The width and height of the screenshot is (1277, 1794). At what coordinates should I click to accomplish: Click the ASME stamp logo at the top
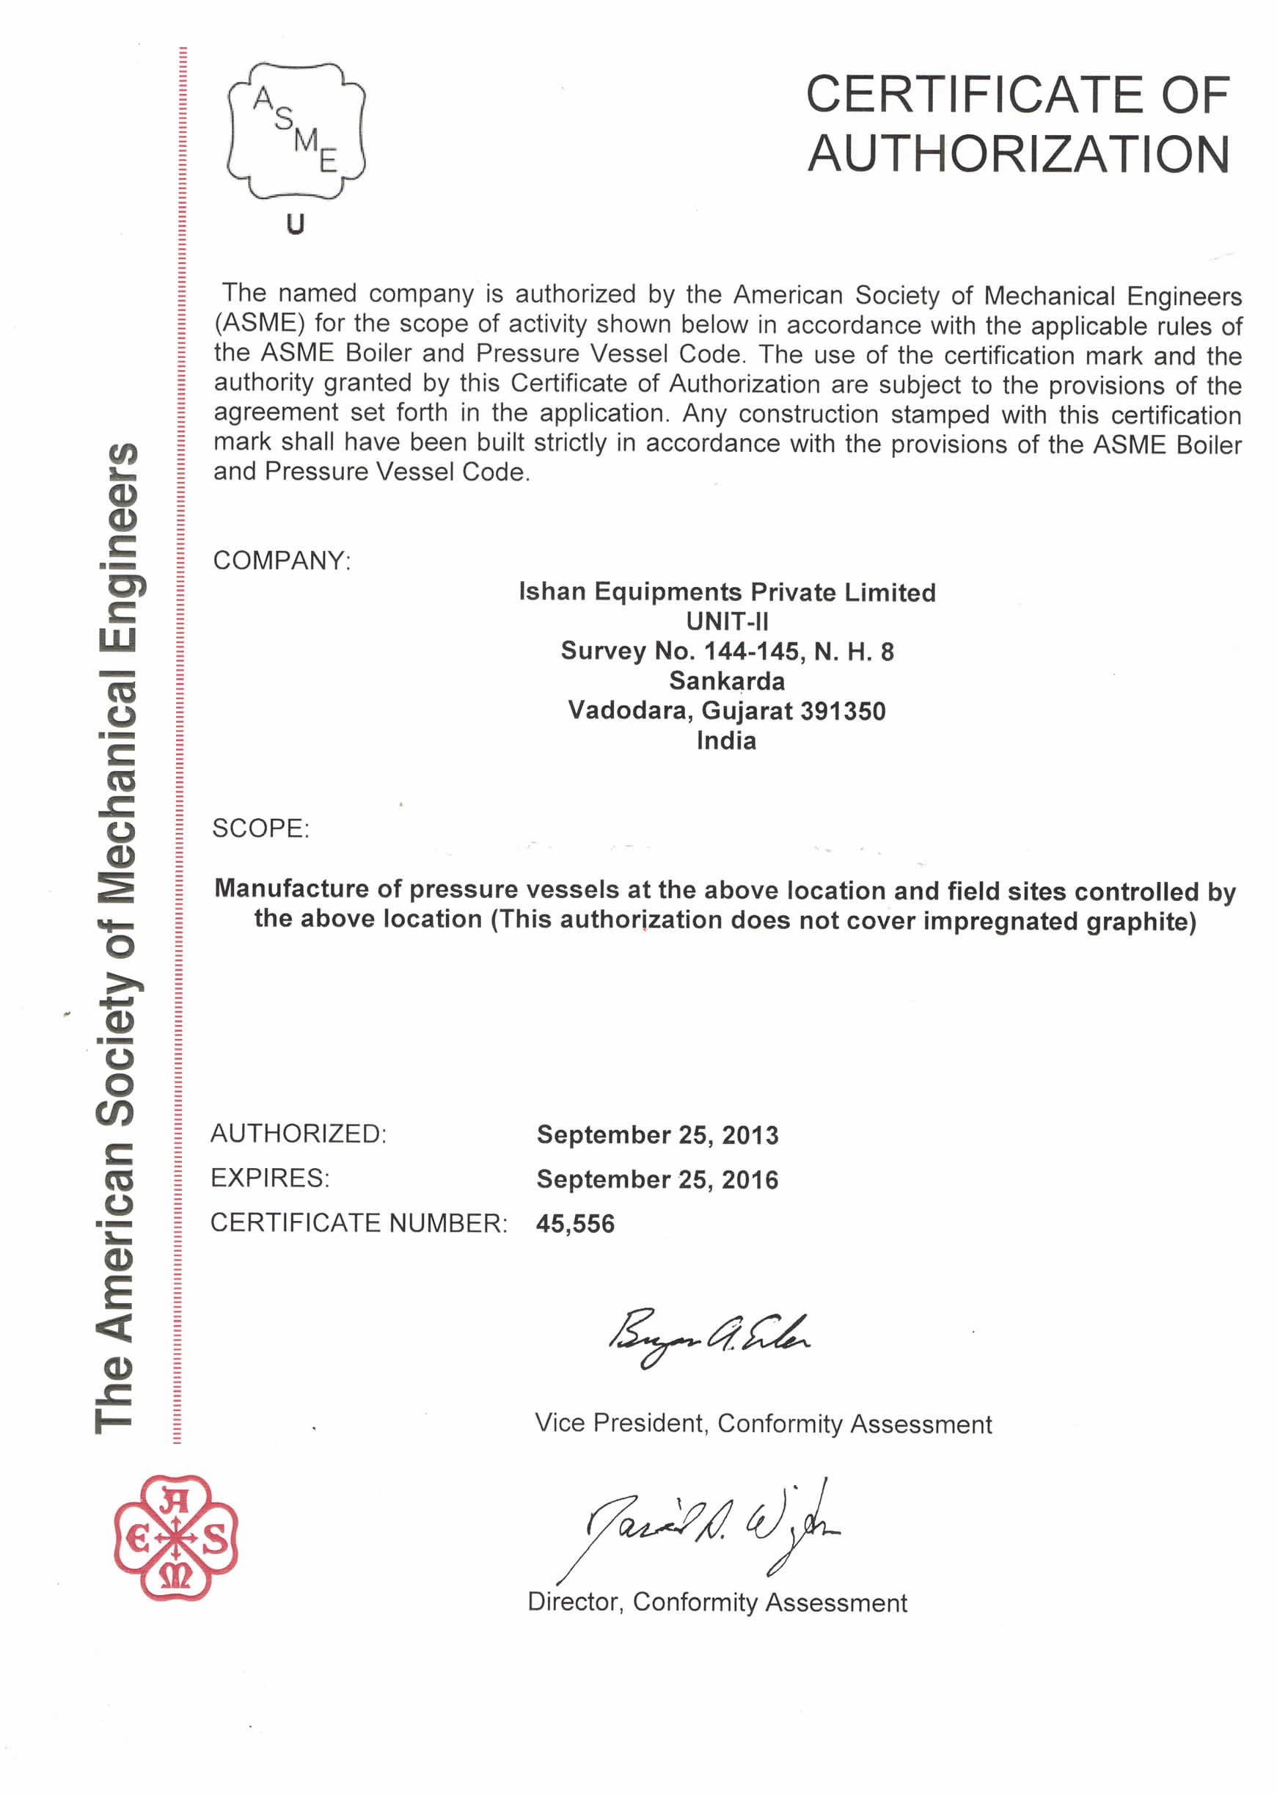click(296, 130)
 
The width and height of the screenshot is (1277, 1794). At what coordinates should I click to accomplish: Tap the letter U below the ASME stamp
click(295, 225)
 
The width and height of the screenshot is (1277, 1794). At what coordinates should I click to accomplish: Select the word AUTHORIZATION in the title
click(1018, 154)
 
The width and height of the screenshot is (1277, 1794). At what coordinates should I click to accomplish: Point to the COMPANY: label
click(282, 561)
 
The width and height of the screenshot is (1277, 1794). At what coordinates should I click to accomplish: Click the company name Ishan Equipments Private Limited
click(727, 592)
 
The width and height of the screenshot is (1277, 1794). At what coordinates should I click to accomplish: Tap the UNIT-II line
click(727, 622)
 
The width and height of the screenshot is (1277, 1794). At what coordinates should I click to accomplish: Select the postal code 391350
click(842, 711)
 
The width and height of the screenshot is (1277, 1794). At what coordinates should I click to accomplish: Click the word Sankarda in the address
click(727, 681)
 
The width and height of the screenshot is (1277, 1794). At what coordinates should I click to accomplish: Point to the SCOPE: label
click(260, 828)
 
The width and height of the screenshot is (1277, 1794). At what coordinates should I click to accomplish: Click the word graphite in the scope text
click(1141, 921)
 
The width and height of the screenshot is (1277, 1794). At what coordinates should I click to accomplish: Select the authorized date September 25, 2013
click(657, 1135)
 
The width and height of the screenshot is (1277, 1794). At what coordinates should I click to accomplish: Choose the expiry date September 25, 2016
click(657, 1180)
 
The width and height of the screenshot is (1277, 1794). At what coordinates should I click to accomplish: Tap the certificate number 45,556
click(575, 1224)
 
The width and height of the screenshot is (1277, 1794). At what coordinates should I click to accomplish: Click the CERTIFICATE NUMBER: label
click(359, 1223)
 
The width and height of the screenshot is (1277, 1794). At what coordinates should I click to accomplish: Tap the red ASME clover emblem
click(175, 1538)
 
